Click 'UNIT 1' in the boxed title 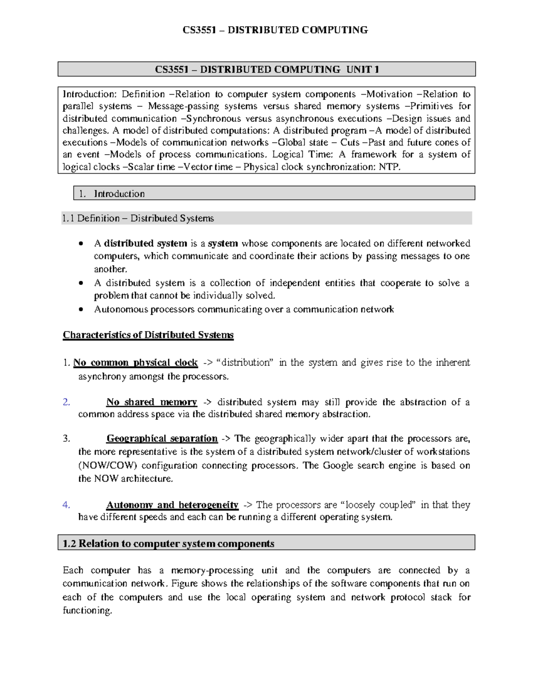[362, 69]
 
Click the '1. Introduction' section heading [111, 194]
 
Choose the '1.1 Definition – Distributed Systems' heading [138, 218]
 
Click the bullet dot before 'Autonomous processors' [80, 310]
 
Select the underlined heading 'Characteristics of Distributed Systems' [148, 335]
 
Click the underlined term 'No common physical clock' [135, 363]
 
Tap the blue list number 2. [66, 402]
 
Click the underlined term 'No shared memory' [151, 402]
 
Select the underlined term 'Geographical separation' [162, 439]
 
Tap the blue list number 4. [66, 505]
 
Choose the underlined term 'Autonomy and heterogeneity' [172, 505]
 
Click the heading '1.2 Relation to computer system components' [168, 544]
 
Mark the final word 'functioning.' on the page [88, 610]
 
